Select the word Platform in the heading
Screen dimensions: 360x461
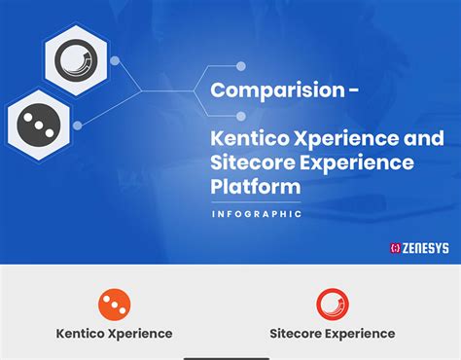pyautogui.click(x=255, y=185)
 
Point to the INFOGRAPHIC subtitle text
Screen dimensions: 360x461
pyautogui.click(x=257, y=214)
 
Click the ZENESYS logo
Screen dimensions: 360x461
pyautogui.click(x=419, y=248)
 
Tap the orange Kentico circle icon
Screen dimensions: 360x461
pyautogui.click(x=114, y=305)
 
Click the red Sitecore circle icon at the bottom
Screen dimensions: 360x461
pyautogui.click(x=333, y=305)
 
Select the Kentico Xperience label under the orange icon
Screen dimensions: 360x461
pyautogui.click(x=114, y=334)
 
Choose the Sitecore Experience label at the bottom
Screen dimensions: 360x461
pyautogui.click(x=333, y=334)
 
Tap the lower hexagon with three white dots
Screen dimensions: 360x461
pyautogui.click(x=37, y=124)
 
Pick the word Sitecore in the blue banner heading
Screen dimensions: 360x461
pyautogui.click(x=247, y=162)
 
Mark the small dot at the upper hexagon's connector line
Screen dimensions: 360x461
pyautogui.click(x=116, y=61)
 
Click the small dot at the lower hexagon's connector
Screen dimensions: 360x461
pyautogui.click(x=78, y=125)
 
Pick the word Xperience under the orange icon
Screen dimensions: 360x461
pyautogui.click(x=140, y=334)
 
